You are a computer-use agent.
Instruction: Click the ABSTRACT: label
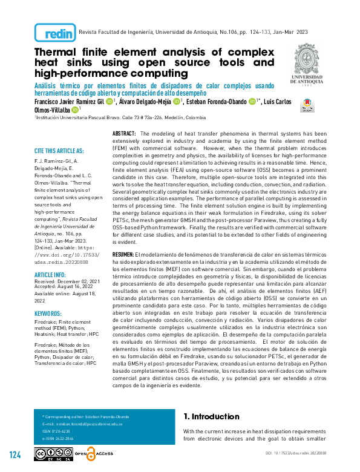coord(124,133)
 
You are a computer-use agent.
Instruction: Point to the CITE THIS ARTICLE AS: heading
coord(59,151)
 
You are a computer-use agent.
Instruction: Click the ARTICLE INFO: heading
coord(50,274)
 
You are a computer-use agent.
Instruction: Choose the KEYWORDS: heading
coord(48,314)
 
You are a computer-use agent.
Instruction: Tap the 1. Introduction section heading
coord(211,417)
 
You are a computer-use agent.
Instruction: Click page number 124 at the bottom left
coord(15,454)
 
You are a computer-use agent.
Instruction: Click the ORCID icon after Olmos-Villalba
coord(74,110)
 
